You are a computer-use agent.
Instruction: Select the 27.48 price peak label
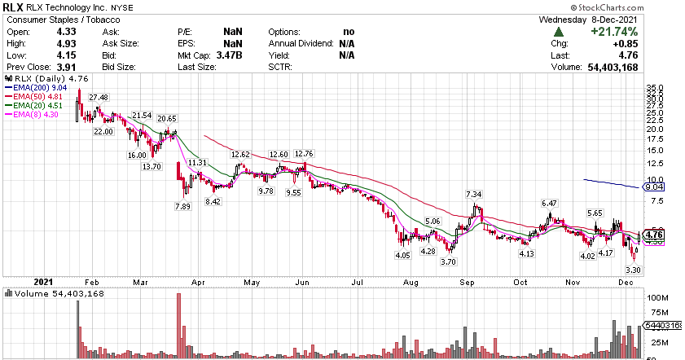(x=99, y=98)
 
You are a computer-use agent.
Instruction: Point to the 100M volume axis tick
(x=657, y=299)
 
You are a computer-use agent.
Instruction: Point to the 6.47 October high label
(x=549, y=203)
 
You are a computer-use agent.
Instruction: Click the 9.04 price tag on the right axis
(x=654, y=187)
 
